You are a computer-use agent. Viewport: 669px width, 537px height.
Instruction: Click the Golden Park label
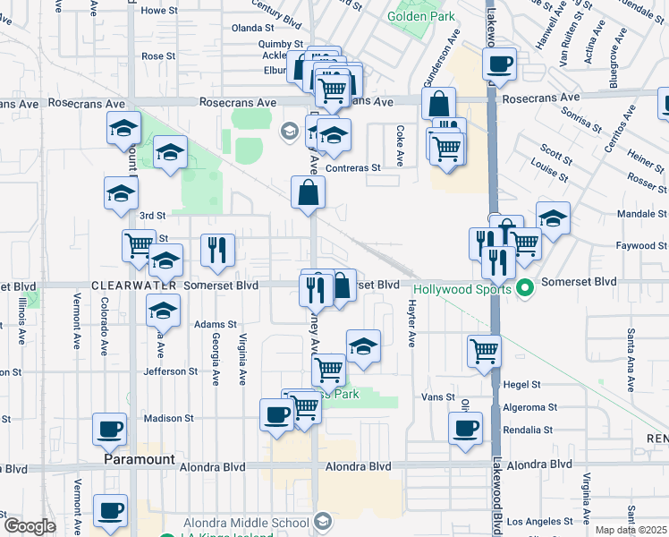421,16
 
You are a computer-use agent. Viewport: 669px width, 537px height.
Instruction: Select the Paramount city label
139,459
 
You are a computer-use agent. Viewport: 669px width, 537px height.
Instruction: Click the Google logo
30,526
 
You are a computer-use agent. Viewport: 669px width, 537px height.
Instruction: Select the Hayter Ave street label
412,323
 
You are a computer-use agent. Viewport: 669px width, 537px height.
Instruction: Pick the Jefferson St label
169,371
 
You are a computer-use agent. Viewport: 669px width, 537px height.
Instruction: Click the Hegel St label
522,384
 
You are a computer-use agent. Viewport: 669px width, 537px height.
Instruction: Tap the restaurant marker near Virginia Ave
218,251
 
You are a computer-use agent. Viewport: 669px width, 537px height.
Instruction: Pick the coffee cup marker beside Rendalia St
465,428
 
